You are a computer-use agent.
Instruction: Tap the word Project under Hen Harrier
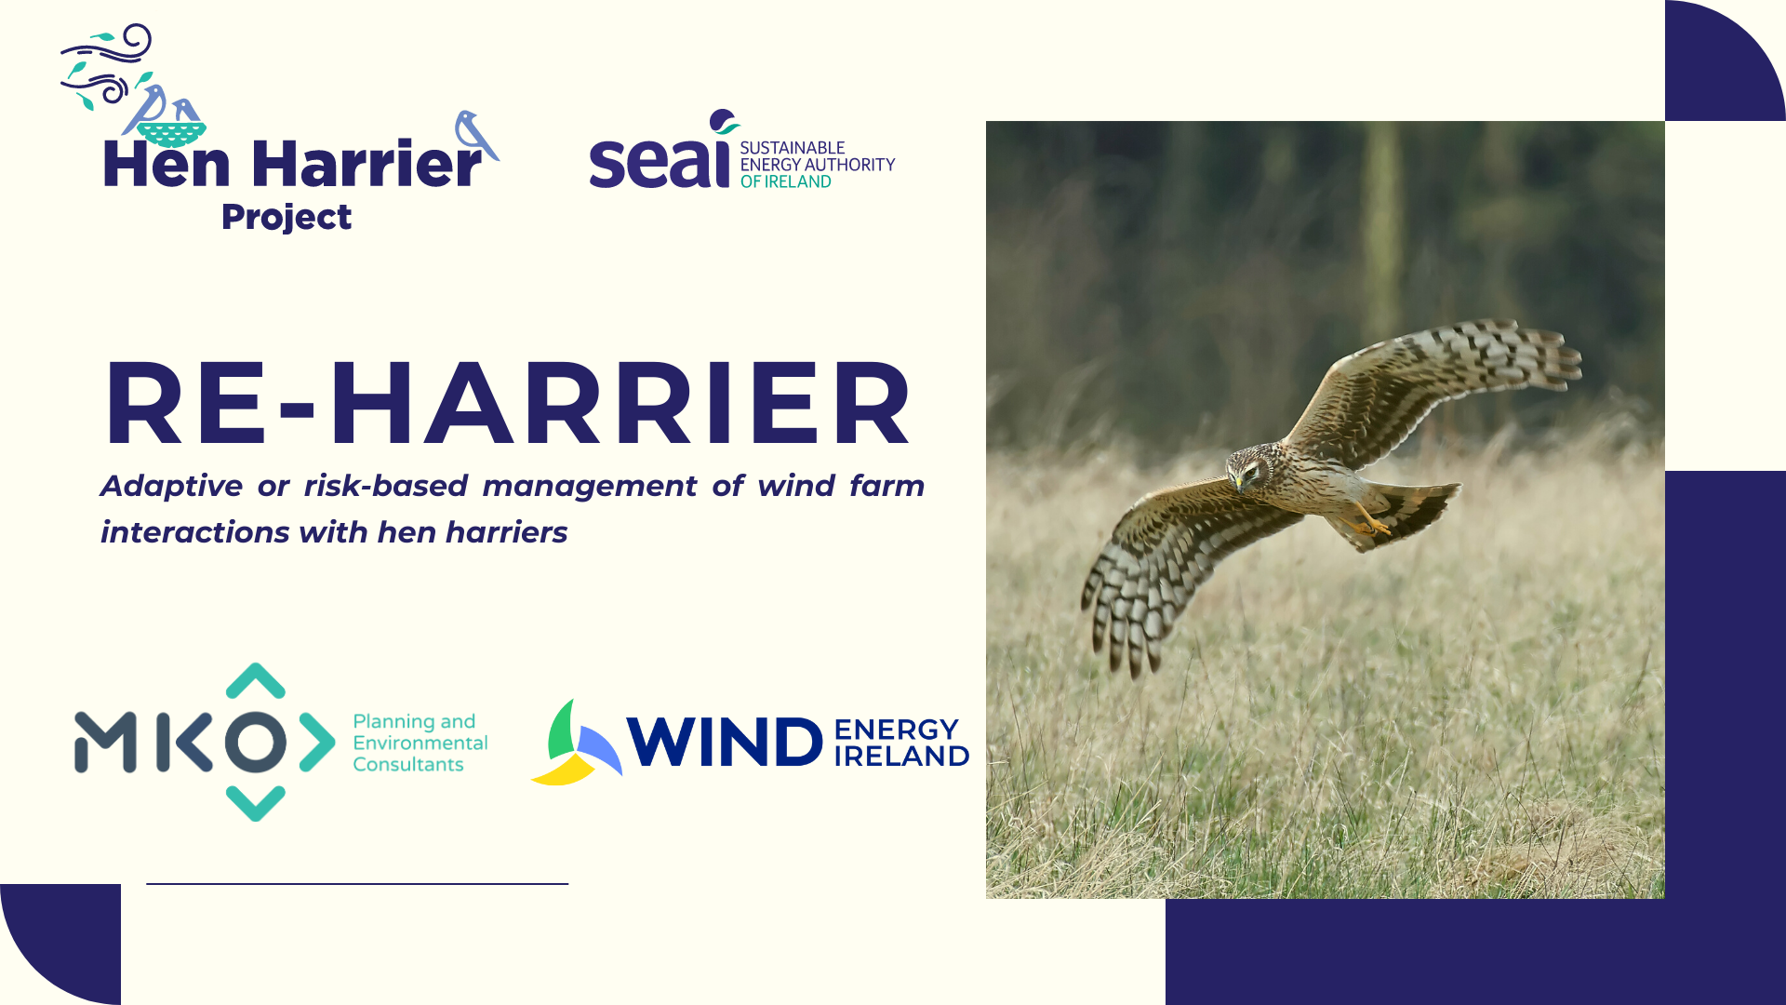pos(287,217)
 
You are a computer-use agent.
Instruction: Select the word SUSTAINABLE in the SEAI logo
pos(792,148)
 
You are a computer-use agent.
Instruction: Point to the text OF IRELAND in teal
pos(785,182)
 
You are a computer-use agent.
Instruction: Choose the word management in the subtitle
pos(589,486)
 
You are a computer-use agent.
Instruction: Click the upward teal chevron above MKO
pos(255,680)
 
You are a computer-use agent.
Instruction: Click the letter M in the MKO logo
pos(105,743)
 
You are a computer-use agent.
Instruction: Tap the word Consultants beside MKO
pos(407,765)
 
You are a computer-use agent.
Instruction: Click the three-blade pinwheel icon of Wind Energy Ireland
pos(575,745)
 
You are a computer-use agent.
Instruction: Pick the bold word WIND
pos(725,743)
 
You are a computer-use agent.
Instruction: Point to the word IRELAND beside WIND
pos(901,757)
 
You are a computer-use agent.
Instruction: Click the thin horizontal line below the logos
pos(357,883)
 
